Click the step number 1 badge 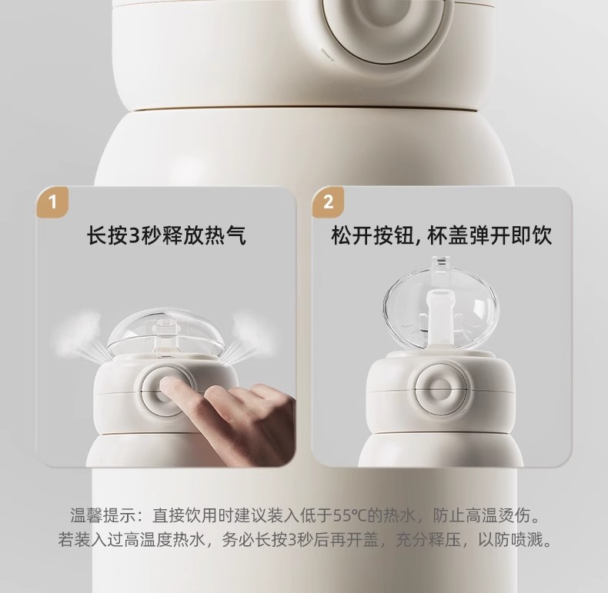[x=53, y=202]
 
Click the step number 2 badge [x=328, y=202]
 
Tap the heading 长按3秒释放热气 [x=166, y=235]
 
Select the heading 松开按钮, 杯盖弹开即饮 [x=442, y=235]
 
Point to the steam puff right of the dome [x=247, y=336]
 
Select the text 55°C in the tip [x=350, y=515]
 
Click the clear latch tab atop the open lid [x=440, y=264]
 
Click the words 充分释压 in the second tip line [x=429, y=539]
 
